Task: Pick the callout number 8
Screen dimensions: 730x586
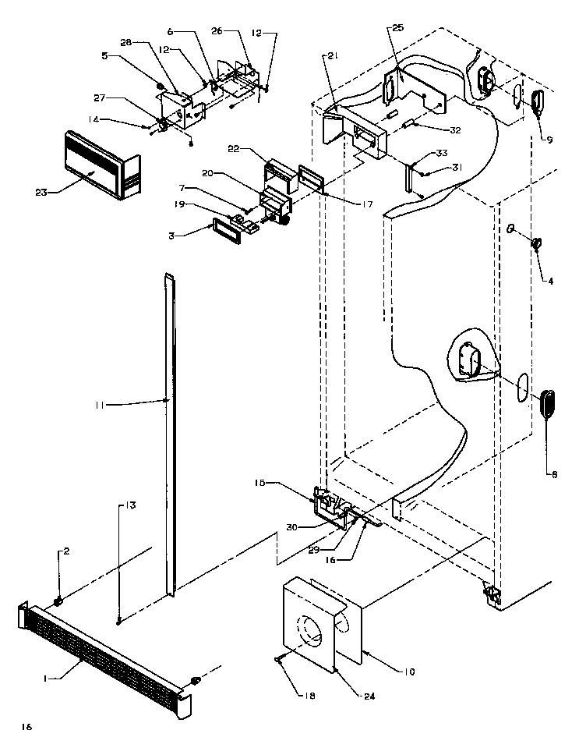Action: tap(554, 474)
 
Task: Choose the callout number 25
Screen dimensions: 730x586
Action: tap(397, 27)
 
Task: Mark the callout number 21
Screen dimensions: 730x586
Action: tap(332, 57)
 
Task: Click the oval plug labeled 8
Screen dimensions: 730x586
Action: tap(548, 403)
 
